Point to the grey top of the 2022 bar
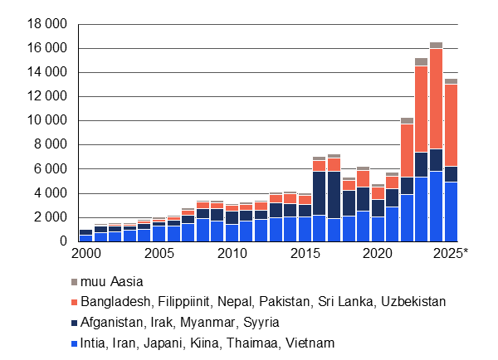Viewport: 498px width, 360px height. pos(407,121)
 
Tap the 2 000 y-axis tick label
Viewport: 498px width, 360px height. pos(50,217)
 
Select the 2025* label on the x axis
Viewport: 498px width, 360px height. pos(451,252)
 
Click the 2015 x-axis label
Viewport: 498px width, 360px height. pos(305,252)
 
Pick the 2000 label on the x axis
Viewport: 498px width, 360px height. pos(85,252)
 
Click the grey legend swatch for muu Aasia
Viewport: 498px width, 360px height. pos(76,282)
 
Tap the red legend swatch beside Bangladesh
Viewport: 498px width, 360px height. pos(76,302)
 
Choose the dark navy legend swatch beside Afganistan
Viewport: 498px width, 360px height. pos(76,322)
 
